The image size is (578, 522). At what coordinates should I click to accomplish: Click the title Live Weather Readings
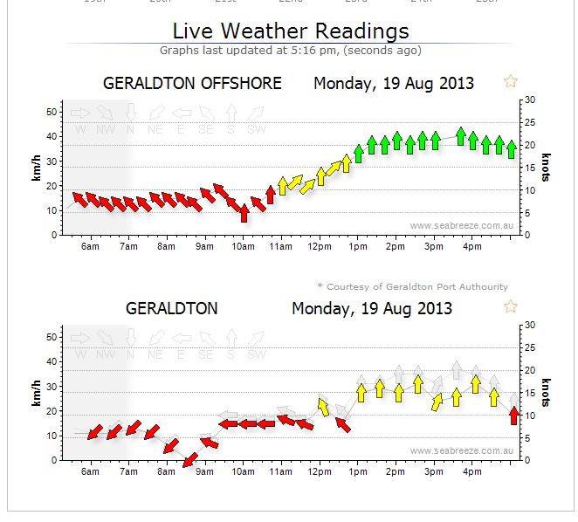pyautogui.click(x=290, y=31)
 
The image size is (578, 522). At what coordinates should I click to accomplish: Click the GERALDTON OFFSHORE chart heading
pyautogui.click(x=192, y=84)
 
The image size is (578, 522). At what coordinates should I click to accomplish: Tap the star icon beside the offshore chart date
pyautogui.click(x=511, y=81)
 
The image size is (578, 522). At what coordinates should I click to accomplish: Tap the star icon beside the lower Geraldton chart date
pyautogui.click(x=511, y=306)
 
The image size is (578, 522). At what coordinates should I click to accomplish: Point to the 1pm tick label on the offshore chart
pyautogui.click(x=356, y=247)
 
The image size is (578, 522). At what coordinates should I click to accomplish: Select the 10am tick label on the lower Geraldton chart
pyautogui.click(x=243, y=472)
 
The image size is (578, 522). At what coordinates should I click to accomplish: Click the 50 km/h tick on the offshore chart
pyautogui.click(x=53, y=112)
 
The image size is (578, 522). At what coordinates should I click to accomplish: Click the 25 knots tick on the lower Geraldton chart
pyautogui.click(x=526, y=348)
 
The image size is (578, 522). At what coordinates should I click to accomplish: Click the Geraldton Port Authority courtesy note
pyautogui.click(x=411, y=286)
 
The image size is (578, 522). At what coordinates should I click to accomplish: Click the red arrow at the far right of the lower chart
pyautogui.click(x=513, y=416)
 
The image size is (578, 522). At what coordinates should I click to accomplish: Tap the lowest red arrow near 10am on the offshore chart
pyautogui.click(x=244, y=213)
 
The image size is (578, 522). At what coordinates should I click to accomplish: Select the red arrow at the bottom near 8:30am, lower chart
pyautogui.click(x=187, y=457)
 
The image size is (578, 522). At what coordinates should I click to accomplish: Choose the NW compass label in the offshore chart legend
pyautogui.click(x=105, y=130)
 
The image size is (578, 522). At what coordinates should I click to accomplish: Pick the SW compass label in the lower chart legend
pyautogui.click(x=256, y=354)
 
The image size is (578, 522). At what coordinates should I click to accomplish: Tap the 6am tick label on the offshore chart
pyautogui.click(x=89, y=247)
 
